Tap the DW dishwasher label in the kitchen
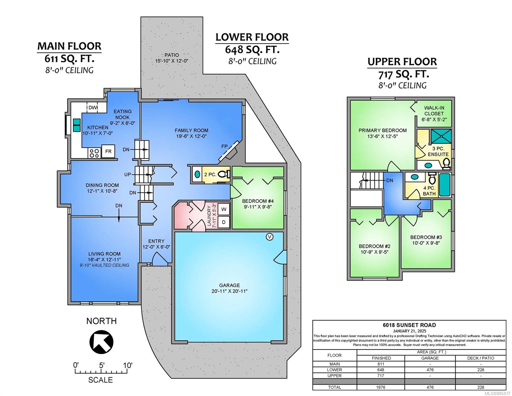pyautogui.click(x=93, y=108)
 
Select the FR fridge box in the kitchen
pyautogui.click(x=108, y=151)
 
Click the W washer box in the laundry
pyautogui.click(x=224, y=209)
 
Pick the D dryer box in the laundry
pyautogui.click(x=224, y=222)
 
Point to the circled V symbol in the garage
pyautogui.click(x=269, y=237)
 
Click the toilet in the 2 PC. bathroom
pyautogui.click(x=224, y=174)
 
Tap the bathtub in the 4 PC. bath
pyautogui.click(x=444, y=185)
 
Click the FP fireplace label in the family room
pyautogui.click(x=224, y=147)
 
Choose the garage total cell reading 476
pyautogui.click(x=430, y=387)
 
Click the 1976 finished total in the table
pyautogui.click(x=381, y=387)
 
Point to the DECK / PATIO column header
pyautogui.click(x=480, y=358)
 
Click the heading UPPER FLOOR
pyautogui.click(x=402, y=62)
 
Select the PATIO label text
pyautogui.click(x=172, y=55)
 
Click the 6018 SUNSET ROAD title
pyautogui.click(x=409, y=325)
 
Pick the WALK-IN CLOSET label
pyautogui.click(x=434, y=111)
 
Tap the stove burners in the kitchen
pyautogui.click(x=94, y=152)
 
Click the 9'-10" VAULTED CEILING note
pyautogui.click(x=105, y=265)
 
